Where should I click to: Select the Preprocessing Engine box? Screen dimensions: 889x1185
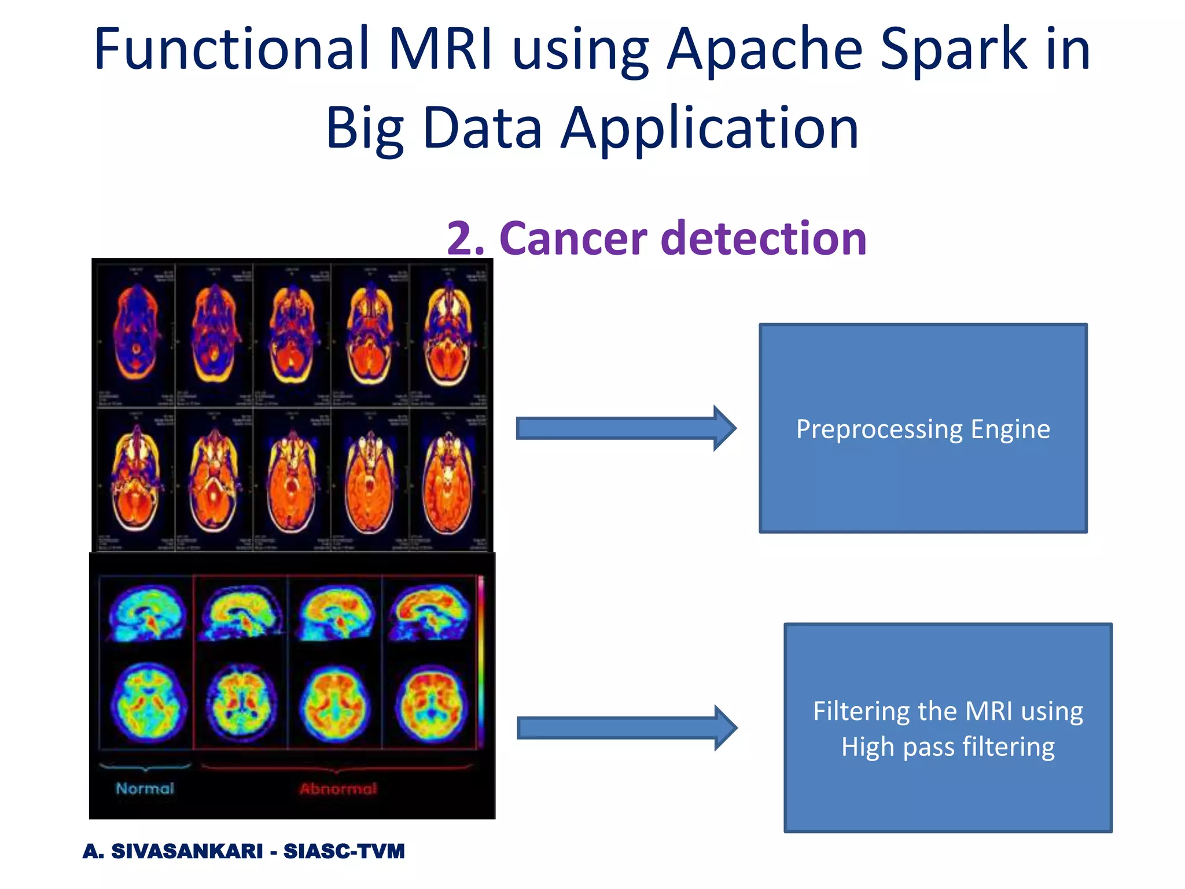(923, 428)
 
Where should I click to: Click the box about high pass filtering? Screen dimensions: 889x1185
(948, 728)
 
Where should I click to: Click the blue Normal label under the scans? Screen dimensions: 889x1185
(145, 788)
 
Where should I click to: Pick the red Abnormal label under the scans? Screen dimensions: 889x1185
(338, 789)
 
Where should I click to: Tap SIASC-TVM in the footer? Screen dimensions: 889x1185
(344, 851)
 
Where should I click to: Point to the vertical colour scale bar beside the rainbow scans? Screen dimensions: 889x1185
(480, 660)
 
